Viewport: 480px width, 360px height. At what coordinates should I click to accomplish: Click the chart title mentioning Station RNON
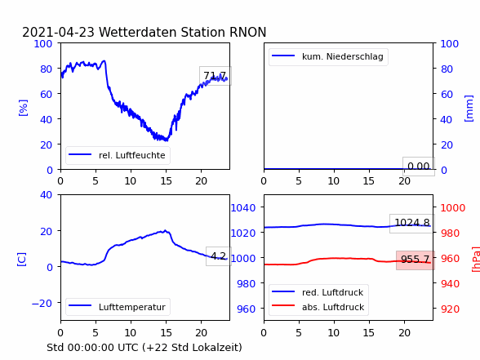pos(144,32)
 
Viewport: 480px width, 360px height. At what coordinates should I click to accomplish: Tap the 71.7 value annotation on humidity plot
pos(216,76)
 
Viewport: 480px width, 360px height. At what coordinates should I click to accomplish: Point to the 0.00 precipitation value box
pos(419,167)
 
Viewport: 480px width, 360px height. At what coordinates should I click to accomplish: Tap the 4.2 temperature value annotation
pos(219,256)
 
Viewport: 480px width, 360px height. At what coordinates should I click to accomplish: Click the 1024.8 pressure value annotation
pos(412,223)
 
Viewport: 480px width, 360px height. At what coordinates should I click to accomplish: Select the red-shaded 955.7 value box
pos(416,260)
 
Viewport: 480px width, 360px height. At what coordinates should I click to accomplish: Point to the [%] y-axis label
pos(23,108)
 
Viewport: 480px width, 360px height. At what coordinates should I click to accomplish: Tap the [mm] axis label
pos(469,109)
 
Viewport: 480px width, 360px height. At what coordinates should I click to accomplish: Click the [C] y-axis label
pos(21,260)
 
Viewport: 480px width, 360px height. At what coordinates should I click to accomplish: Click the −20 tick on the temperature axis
pos(42,303)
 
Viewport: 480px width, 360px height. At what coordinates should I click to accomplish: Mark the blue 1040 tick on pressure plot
pos(243,208)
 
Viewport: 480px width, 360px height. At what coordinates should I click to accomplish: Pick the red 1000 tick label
pos(453,208)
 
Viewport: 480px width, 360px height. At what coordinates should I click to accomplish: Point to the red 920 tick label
pos(450,309)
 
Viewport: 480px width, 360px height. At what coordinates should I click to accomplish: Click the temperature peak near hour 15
pos(165,230)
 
